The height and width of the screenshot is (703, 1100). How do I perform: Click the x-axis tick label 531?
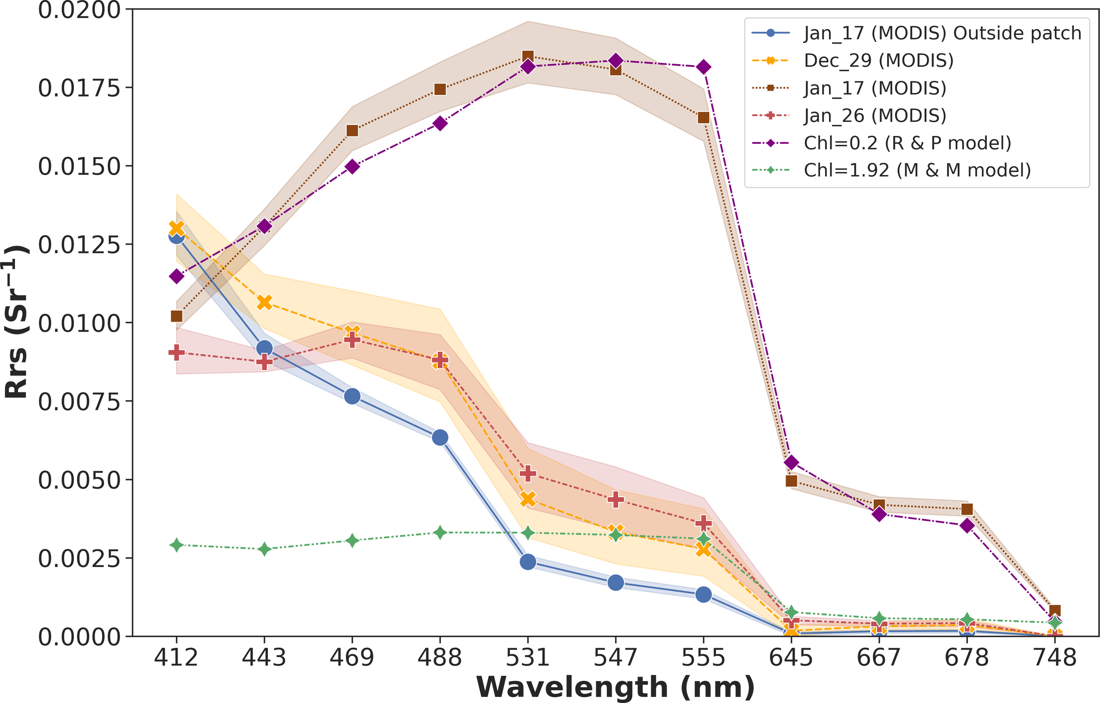[528, 658]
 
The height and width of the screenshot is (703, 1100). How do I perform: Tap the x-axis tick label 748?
[1055, 658]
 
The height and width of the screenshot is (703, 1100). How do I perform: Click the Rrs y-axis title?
[16, 322]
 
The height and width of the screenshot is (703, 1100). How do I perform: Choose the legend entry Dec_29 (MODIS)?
[878, 60]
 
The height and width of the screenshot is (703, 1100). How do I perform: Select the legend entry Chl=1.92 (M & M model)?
[917, 170]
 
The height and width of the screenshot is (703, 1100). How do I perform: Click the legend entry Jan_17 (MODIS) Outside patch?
[942, 33]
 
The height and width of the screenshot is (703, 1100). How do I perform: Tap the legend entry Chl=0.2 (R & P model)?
[907, 143]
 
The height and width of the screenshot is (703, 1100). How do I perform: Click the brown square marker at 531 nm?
[528, 57]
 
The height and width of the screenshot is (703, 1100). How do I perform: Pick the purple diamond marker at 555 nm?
[704, 67]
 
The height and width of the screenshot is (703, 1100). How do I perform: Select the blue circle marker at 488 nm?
[440, 438]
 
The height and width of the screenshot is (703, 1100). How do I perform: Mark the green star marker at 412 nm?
[176, 545]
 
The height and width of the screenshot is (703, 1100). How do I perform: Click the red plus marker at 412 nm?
[176, 352]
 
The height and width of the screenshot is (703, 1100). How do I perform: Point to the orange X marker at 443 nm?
[264, 302]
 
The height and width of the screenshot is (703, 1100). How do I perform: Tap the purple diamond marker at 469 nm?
[352, 166]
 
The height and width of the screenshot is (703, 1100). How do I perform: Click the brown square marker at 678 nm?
[967, 509]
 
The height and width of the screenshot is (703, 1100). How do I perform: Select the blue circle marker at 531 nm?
[528, 562]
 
